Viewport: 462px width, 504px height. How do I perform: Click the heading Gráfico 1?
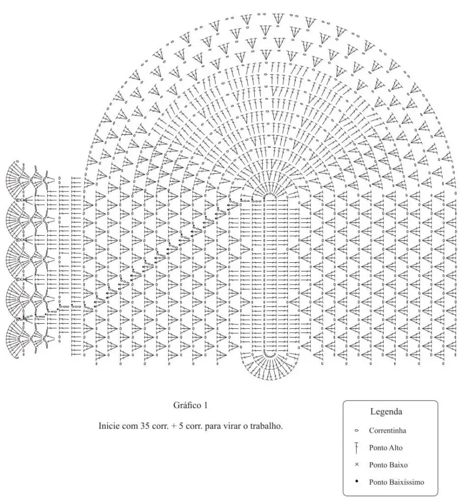(190, 406)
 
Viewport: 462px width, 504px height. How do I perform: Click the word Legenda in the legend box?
(386, 411)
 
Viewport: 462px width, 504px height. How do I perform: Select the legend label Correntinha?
(387, 431)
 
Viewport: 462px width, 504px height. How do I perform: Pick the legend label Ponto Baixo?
(388, 465)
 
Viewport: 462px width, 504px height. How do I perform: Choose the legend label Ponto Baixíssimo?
(396, 482)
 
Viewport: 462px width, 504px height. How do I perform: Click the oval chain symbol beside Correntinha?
(357, 431)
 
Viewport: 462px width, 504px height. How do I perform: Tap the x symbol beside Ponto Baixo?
(357, 465)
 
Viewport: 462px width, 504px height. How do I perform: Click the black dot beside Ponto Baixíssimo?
(357, 482)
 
